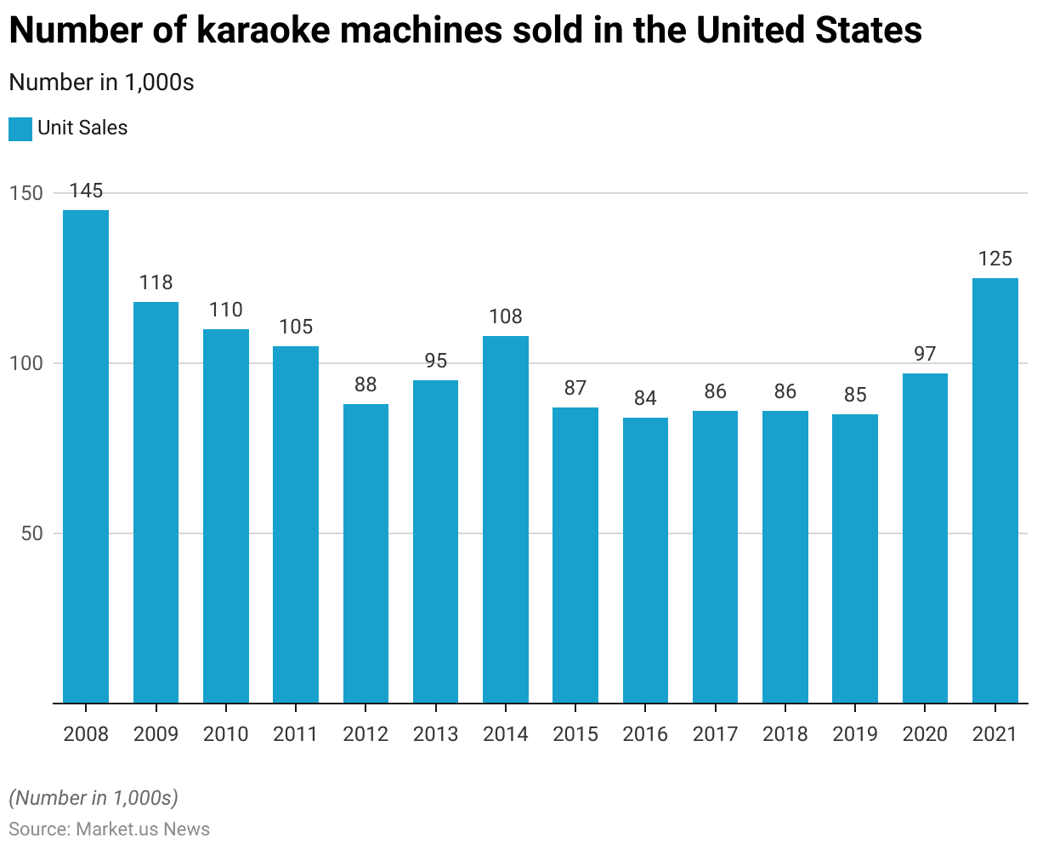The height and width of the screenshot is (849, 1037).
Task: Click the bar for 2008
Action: [86, 456]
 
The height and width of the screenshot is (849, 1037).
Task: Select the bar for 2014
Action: [506, 519]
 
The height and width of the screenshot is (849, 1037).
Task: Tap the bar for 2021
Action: [995, 490]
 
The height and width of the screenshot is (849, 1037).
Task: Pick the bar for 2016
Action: [645, 560]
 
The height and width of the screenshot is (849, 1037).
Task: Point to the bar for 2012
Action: [365, 553]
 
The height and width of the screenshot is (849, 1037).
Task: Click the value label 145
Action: [86, 191]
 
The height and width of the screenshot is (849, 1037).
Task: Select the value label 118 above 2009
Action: [156, 282]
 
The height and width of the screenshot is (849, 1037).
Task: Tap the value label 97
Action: [925, 354]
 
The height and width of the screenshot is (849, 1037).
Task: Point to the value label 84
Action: [645, 398]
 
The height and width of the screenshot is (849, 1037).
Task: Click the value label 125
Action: [995, 259]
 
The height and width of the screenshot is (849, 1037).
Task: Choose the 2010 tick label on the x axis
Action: [226, 733]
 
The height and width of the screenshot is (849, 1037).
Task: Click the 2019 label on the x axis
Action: [855, 733]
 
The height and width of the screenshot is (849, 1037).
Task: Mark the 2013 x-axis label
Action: [435, 733]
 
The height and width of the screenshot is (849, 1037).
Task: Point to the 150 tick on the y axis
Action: [25, 193]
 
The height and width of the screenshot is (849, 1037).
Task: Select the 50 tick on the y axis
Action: [31, 533]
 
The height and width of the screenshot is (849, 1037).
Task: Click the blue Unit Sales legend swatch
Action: [20, 128]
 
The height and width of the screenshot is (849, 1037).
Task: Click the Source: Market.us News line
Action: [109, 829]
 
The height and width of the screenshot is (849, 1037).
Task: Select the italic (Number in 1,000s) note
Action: [93, 798]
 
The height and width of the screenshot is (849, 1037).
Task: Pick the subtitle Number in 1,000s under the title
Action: [101, 83]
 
